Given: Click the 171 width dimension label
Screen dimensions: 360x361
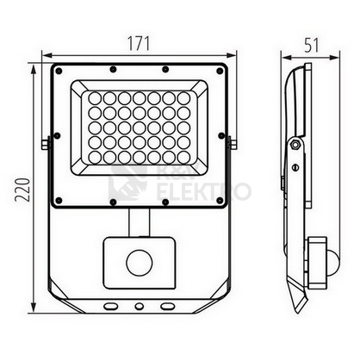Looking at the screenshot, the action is [139, 44].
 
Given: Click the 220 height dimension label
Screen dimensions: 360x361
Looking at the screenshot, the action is [22, 190].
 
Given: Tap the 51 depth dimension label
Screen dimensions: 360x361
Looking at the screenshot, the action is [312, 45].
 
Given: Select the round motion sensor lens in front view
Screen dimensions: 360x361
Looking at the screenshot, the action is [140, 263].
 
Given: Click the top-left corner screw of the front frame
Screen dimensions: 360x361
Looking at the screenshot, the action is [59, 71].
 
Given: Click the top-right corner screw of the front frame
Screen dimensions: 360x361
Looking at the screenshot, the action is [220, 71].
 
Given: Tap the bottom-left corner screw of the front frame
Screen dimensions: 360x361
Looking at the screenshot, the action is [59, 200].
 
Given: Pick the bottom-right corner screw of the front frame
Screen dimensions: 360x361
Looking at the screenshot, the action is [220, 200].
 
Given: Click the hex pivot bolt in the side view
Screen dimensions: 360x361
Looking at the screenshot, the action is [295, 145].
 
